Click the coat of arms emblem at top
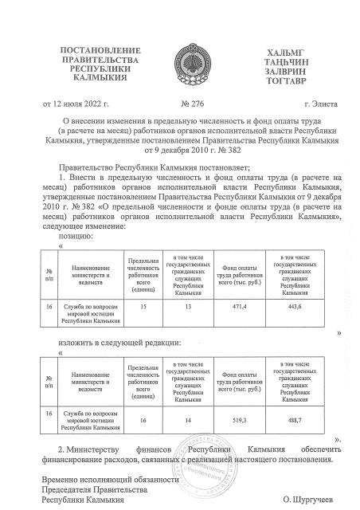click(181, 62)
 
